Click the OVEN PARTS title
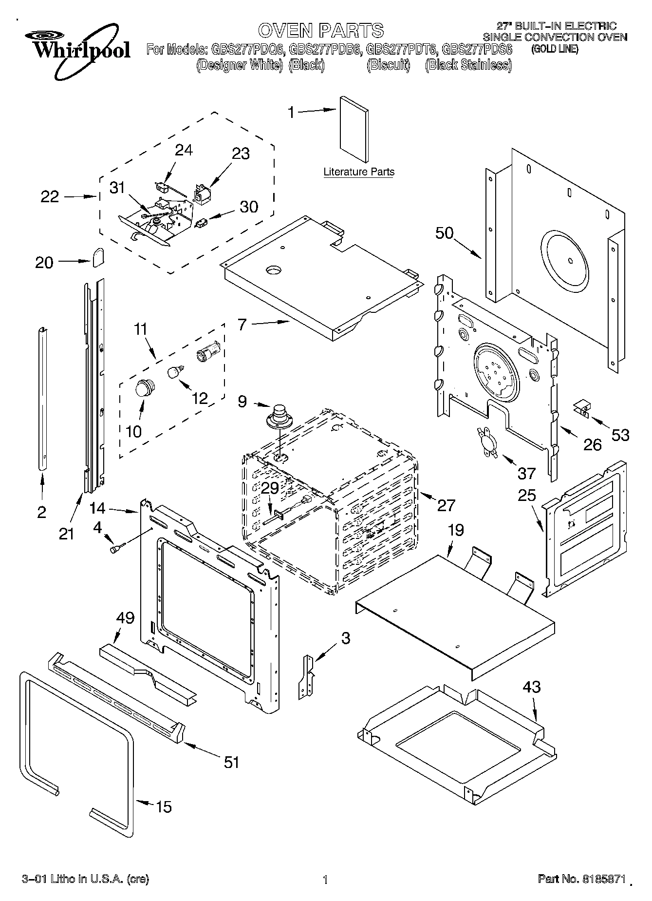click(321, 30)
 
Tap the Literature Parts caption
click(359, 172)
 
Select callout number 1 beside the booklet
click(291, 113)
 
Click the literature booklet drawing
click(354, 129)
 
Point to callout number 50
click(444, 233)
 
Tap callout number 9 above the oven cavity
click(242, 402)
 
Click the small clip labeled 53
click(582, 408)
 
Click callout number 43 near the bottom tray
click(532, 687)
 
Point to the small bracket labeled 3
click(308, 677)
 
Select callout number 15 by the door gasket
click(164, 807)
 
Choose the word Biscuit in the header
click(388, 65)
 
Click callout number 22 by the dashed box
click(49, 197)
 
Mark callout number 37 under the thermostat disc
click(526, 473)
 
